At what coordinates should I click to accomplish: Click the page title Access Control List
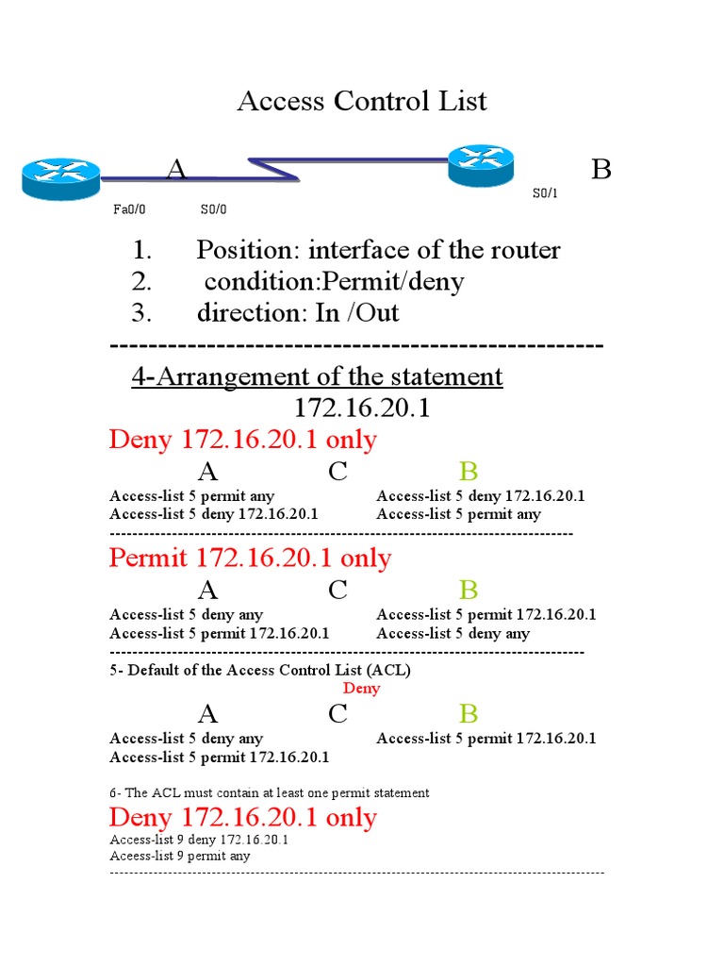[362, 101]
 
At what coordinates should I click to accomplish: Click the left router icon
[60, 178]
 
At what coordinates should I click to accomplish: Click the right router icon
[481, 165]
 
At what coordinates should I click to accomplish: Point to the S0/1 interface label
[545, 193]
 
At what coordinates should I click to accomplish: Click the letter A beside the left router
[176, 170]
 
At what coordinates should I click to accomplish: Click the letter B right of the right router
[601, 170]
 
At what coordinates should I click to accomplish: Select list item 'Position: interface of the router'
[377, 250]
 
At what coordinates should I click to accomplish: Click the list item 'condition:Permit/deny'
[334, 281]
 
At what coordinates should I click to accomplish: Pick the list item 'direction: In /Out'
[297, 312]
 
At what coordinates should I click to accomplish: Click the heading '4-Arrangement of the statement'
[317, 377]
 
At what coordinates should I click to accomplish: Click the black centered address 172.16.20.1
[363, 408]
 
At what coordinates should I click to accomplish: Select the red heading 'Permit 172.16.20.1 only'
[250, 558]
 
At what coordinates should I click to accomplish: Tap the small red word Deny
[362, 689]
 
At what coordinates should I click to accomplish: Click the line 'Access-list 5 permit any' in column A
[192, 496]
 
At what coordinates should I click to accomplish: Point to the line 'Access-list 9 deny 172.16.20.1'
[199, 840]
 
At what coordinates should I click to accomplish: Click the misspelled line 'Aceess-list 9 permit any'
[180, 857]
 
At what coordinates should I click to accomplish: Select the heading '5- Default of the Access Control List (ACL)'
[260, 671]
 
